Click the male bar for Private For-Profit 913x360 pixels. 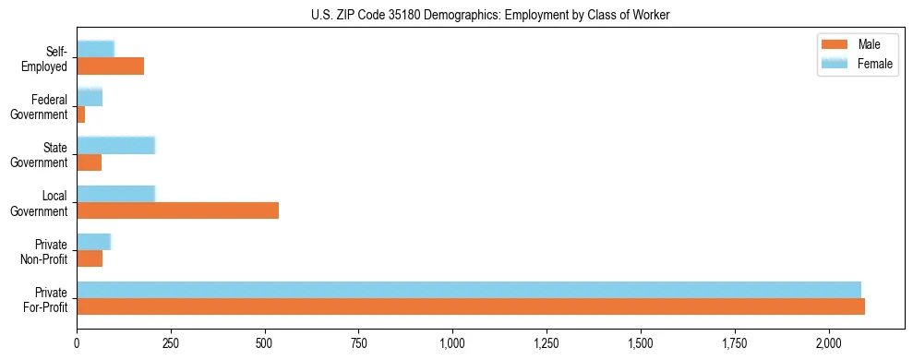tap(471, 306)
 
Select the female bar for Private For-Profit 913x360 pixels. tap(469, 289)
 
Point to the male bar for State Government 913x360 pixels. tap(89, 162)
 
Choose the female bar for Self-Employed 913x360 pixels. tap(95, 49)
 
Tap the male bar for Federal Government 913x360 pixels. tap(80, 114)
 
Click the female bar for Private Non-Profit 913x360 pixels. tap(93, 241)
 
